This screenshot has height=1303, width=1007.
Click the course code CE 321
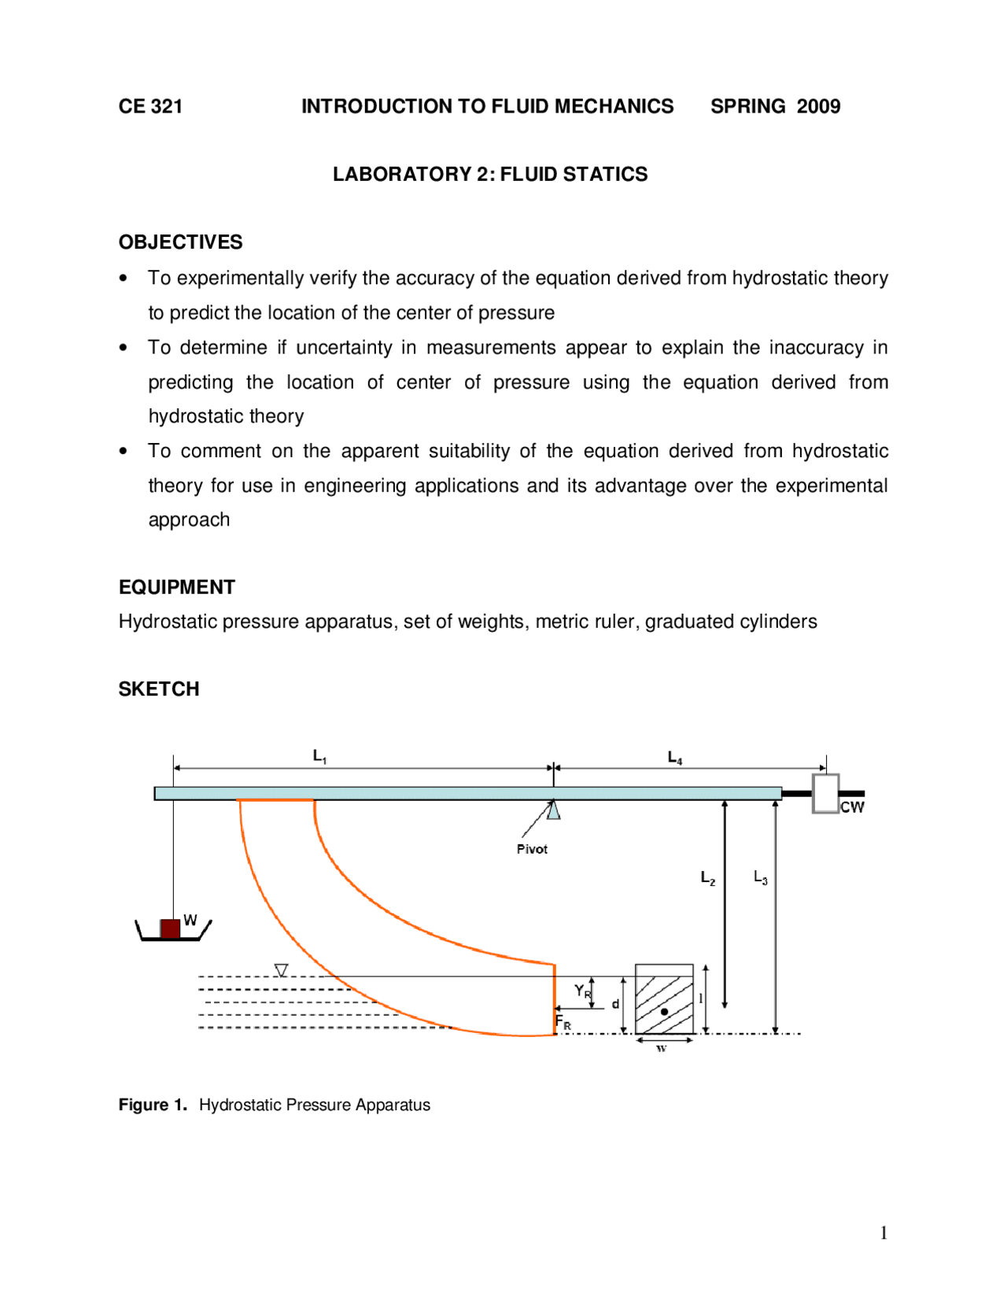coord(150,106)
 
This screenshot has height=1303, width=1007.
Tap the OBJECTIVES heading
coord(180,242)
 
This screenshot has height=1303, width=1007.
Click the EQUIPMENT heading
coord(176,587)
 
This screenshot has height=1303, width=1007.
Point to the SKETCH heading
coord(158,688)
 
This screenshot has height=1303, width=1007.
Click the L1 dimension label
coord(319,756)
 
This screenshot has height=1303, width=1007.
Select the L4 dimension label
coord(674,758)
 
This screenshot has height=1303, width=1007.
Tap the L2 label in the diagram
coord(707,877)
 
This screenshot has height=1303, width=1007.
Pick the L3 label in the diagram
coord(760,877)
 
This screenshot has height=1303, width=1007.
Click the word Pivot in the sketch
coord(532,849)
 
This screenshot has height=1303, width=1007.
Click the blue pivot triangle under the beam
coord(554,810)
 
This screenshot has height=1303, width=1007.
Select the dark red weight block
coord(170,928)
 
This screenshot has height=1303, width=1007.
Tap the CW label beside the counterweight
coord(851,807)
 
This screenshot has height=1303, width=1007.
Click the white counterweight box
coord(825,793)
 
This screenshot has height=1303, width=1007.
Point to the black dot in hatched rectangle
coord(664,1011)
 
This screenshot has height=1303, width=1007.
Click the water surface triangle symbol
coord(281,970)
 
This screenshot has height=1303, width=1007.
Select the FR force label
coord(563,1022)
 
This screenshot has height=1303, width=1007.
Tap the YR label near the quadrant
coord(581,991)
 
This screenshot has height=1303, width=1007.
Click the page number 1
coord(883,1233)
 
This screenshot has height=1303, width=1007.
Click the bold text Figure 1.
coord(153,1105)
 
